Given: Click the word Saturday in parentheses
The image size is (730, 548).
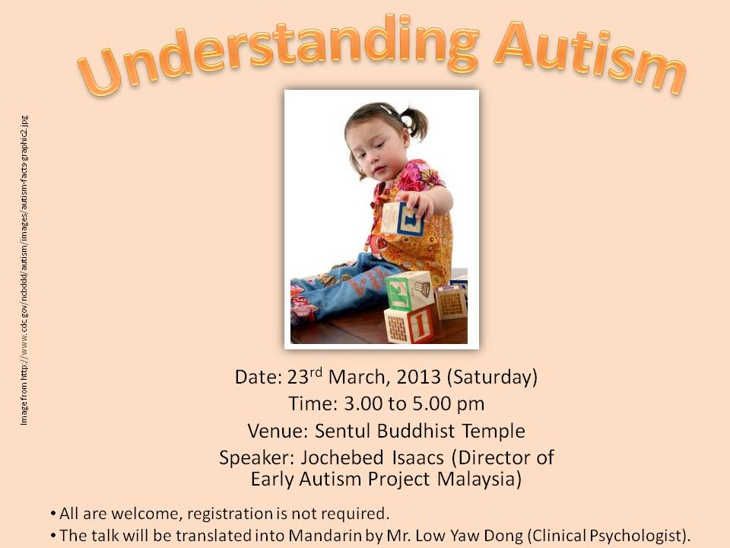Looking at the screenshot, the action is click(x=493, y=378).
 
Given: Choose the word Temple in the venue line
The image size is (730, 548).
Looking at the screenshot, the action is click(x=494, y=432).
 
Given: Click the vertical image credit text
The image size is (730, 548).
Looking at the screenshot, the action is click(x=24, y=270).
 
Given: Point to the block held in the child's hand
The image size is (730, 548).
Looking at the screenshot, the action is click(x=402, y=218).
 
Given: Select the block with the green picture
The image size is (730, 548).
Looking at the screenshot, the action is click(x=410, y=291).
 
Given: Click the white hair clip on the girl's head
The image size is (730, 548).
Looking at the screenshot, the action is click(x=387, y=110).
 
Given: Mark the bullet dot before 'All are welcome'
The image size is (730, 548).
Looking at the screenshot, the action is click(x=53, y=515).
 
